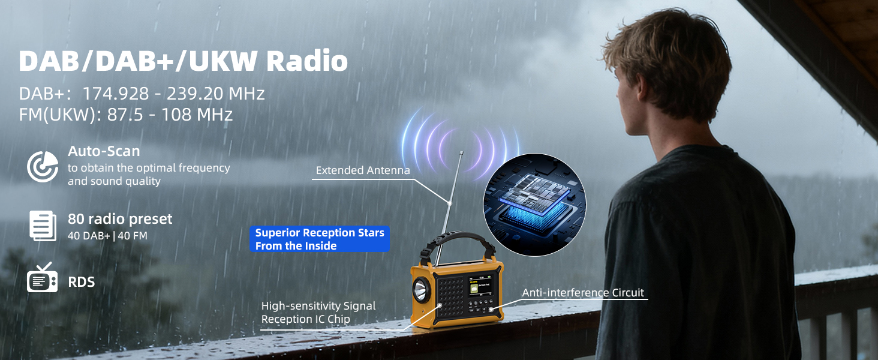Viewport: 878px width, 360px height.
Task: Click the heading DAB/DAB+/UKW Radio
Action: (x=183, y=61)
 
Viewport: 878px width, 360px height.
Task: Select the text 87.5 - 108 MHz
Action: (x=170, y=115)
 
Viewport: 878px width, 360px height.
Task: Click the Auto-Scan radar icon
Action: (x=43, y=166)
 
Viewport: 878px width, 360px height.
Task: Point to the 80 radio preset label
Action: (x=120, y=219)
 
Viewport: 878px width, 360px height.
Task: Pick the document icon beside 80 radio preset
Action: (x=43, y=226)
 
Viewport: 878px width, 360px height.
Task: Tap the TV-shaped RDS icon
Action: (x=43, y=278)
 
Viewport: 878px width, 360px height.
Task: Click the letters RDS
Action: (x=82, y=281)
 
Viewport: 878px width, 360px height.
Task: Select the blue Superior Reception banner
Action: (x=319, y=239)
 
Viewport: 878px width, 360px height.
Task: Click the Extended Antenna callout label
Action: (x=363, y=170)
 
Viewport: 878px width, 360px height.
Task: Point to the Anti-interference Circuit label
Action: (x=582, y=293)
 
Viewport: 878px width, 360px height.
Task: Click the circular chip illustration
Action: (x=533, y=205)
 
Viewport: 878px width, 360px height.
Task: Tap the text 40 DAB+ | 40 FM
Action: (x=107, y=236)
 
